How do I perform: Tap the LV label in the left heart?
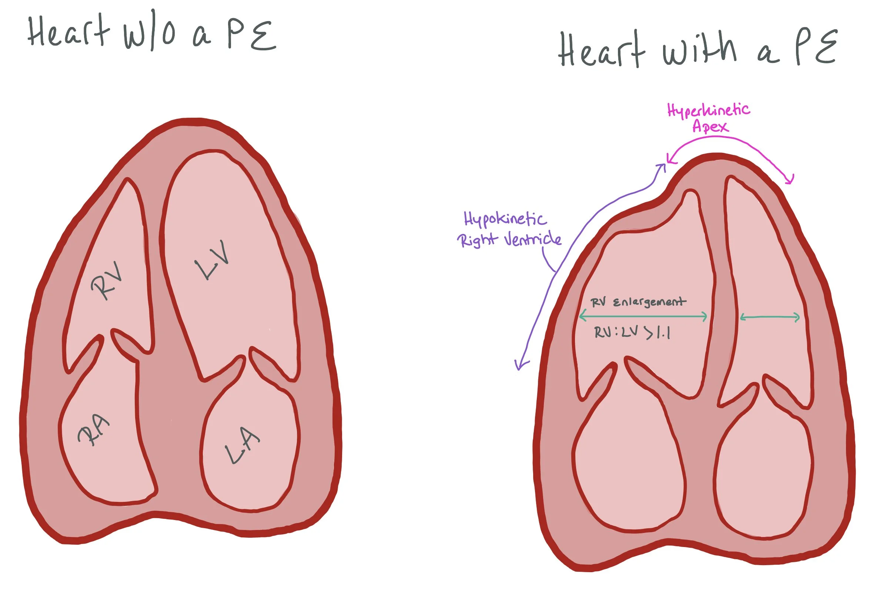[x=213, y=261]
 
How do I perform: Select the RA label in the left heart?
[x=93, y=431]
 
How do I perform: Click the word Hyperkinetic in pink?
[x=709, y=111]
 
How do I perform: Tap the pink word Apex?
[x=710, y=127]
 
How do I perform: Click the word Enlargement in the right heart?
[x=650, y=302]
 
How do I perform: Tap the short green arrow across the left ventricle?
[x=770, y=317]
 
